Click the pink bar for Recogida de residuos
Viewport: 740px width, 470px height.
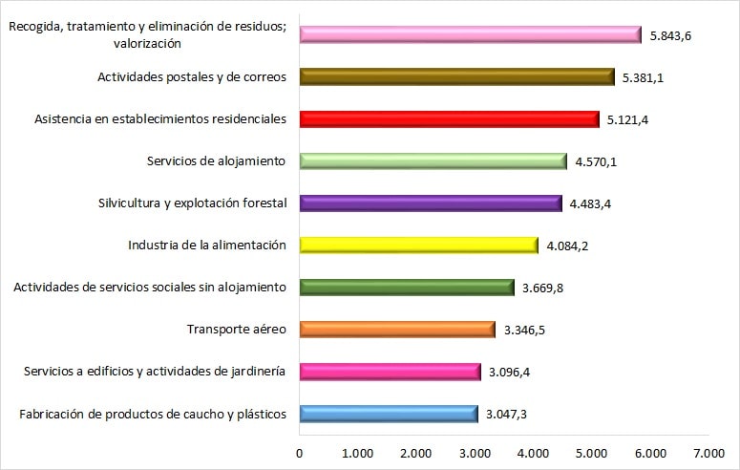470,34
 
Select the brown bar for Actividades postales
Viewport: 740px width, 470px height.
456,77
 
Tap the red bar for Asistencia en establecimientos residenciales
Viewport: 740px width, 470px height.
449,119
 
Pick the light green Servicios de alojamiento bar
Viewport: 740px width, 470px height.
433,161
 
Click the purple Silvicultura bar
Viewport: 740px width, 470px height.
430,203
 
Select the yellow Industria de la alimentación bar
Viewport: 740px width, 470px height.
418,246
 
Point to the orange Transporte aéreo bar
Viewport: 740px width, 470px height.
396,330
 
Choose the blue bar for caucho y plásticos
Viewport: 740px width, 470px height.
388,414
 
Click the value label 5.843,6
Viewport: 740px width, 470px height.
671,36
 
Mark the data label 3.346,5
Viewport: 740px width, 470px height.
523,331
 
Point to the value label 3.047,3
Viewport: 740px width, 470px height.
507,415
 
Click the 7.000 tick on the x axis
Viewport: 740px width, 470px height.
708,452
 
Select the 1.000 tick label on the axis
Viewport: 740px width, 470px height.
357,452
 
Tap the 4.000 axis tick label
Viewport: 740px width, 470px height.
533,452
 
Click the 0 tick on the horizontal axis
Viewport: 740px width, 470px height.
300,452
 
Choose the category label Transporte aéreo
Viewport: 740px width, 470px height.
237,330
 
